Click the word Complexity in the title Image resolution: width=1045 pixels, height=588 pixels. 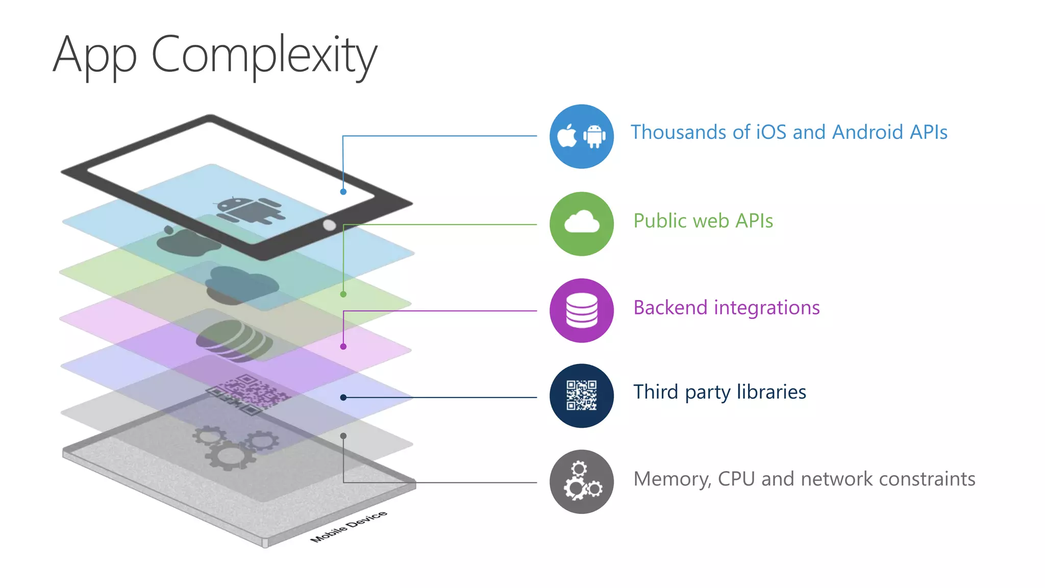264,55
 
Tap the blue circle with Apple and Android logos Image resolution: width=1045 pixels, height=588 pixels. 581,136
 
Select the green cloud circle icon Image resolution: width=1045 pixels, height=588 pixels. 581,224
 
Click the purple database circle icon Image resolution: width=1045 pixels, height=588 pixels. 581,310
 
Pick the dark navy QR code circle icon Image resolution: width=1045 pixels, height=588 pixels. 581,396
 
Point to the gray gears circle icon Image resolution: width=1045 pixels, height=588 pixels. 581,481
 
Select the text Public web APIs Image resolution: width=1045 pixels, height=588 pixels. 703,221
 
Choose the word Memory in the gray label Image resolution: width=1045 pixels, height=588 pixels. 671,479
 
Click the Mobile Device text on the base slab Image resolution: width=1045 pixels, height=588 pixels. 349,526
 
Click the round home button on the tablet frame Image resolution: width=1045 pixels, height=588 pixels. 330,225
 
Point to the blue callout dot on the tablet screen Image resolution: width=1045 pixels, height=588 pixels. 343,192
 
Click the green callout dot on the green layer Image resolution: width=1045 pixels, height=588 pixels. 343,295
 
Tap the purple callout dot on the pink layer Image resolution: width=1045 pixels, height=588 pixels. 343,347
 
